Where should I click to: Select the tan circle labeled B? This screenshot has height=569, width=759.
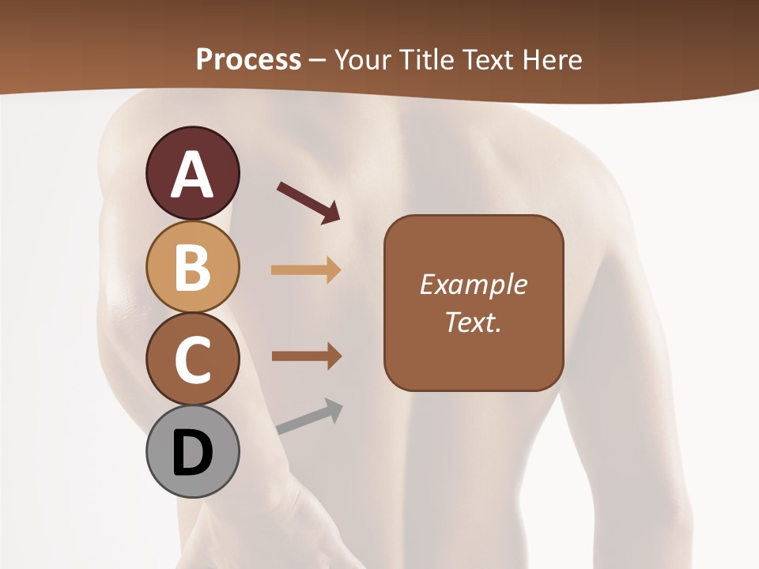(x=192, y=266)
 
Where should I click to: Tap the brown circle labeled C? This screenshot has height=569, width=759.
(x=192, y=360)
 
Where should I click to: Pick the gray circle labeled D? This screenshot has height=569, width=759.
(x=192, y=453)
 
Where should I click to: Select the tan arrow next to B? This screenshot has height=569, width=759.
(x=306, y=270)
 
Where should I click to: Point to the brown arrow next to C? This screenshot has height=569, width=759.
(x=306, y=356)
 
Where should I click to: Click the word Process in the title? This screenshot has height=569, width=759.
(x=248, y=59)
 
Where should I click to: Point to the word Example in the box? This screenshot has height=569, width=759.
(x=473, y=284)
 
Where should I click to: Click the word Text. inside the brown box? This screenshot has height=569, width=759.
(x=473, y=322)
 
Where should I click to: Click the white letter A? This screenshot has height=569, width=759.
(x=192, y=175)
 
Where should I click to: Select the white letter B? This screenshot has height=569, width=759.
(x=192, y=266)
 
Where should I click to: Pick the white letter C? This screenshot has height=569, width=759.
(x=192, y=360)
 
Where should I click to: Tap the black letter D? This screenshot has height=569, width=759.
(x=192, y=453)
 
